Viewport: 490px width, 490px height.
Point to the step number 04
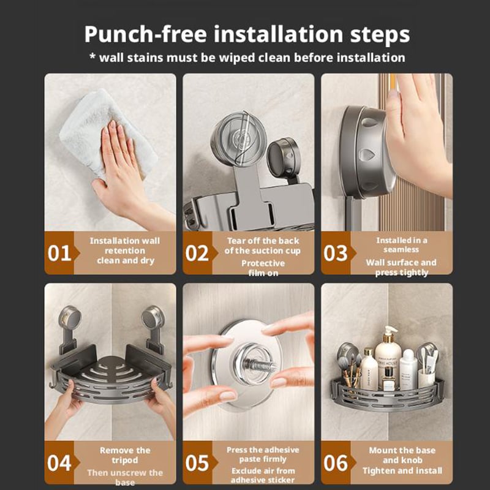tap(59, 463)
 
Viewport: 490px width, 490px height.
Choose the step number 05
tap(197, 463)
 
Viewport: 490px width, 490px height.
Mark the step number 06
tap(336, 463)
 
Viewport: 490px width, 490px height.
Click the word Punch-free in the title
tap(136, 34)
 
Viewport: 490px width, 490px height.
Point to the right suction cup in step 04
tap(153, 317)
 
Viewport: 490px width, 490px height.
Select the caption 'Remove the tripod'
tap(125, 455)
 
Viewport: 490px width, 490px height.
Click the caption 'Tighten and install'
tap(402, 470)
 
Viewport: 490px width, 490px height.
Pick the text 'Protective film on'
tap(263, 268)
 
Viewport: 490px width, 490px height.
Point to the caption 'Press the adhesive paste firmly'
tap(263, 454)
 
